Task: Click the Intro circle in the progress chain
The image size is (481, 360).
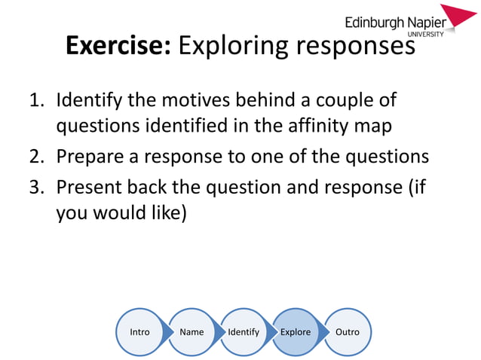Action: (139, 331)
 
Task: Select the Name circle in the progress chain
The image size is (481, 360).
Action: (191, 331)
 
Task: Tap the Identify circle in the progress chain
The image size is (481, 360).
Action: (244, 331)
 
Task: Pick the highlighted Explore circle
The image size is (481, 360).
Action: (296, 331)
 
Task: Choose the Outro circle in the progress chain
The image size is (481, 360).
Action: (348, 331)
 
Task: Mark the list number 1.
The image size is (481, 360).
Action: (38, 100)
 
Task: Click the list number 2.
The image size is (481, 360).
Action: (38, 157)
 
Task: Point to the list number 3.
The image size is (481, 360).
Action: (38, 185)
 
